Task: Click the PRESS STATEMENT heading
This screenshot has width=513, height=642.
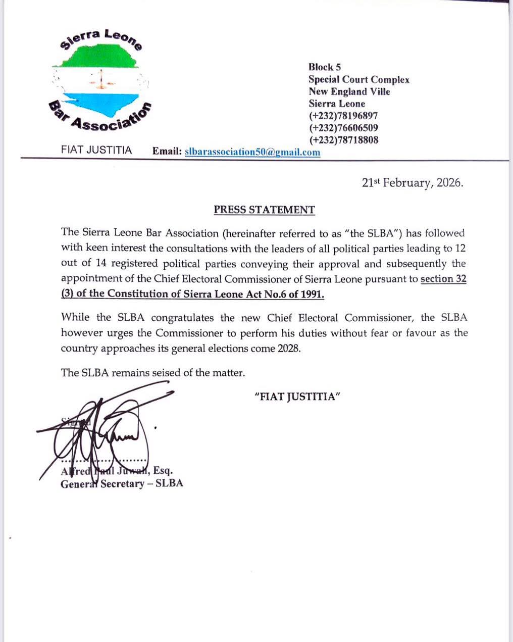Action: click(264, 210)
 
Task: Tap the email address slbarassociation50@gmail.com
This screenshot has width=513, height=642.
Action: click(252, 152)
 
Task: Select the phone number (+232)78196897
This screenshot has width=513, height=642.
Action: click(343, 116)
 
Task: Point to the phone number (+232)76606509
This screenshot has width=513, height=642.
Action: click(343, 128)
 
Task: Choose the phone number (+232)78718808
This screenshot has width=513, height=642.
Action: click(343, 140)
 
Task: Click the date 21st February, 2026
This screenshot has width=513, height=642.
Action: click(413, 183)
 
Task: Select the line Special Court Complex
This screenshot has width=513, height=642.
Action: click(359, 79)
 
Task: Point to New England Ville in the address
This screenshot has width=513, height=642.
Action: click(349, 91)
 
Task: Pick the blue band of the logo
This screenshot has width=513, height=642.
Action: click(101, 103)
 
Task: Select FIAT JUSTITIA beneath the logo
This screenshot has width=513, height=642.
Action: click(96, 151)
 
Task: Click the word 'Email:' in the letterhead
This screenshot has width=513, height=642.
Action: click(167, 152)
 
